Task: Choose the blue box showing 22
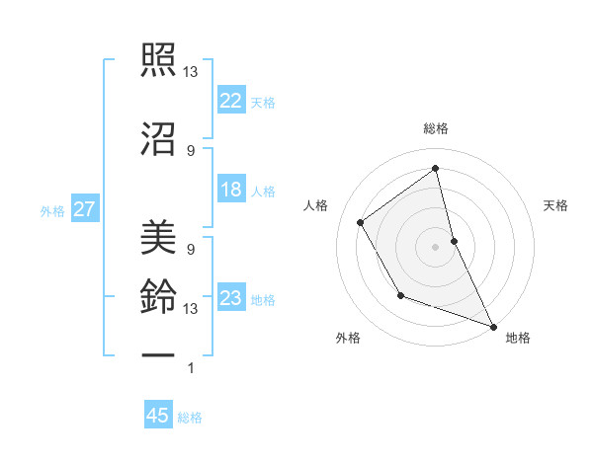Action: (x=231, y=100)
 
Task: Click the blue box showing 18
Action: (x=231, y=190)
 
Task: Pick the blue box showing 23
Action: (x=231, y=298)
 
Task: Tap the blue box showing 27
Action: (x=84, y=209)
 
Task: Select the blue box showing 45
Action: (x=158, y=416)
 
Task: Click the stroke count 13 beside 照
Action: (x=191, y=72)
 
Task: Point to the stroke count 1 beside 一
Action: (x=190, y=368)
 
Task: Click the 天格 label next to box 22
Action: (x=263, y=102)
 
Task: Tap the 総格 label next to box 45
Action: (x=190, y=418)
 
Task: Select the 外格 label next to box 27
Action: (x=51, y=210)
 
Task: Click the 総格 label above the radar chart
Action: (x=436, y=128)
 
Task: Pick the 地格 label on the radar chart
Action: (x=518, y=338)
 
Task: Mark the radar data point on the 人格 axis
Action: (x=361, y=223)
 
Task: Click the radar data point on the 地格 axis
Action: (x=494, y=327)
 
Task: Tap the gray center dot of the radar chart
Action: (x=436, y=246)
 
